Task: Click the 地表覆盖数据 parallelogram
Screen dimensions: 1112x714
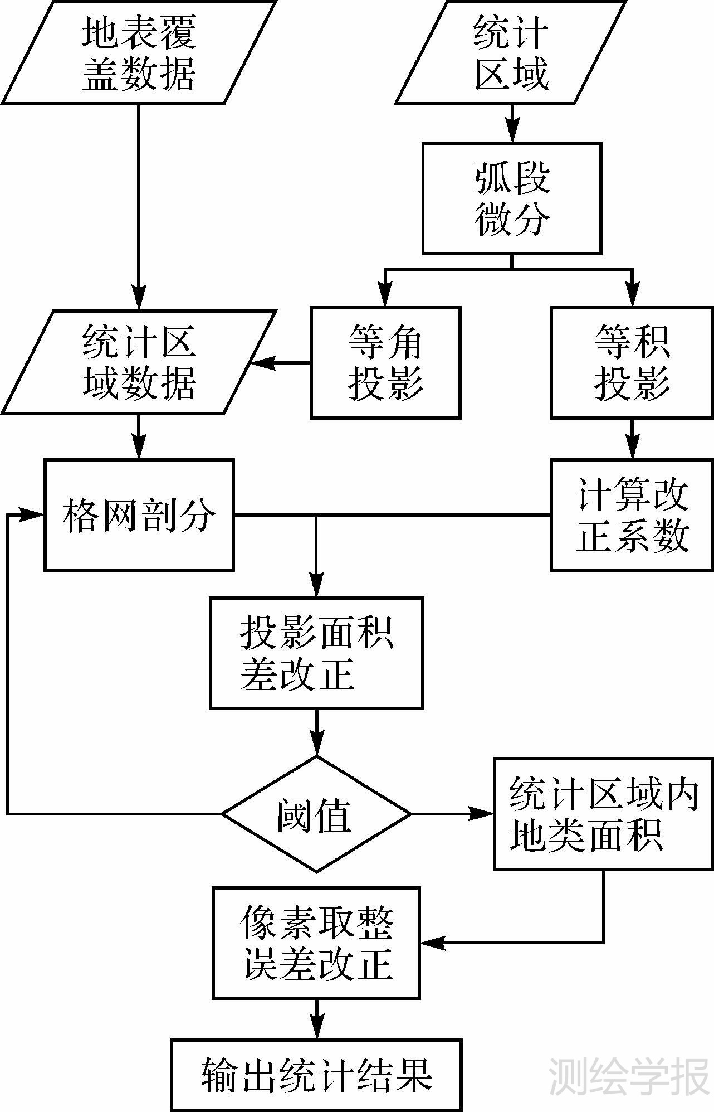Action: [x=139, y=53]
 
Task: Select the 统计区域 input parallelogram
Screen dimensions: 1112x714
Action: [x=511, y=53]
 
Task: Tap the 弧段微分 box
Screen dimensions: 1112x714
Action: [x=511, y=198]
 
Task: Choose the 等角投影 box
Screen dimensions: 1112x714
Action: [x=385, y=363]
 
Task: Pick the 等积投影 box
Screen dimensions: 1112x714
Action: [x=632, y=363]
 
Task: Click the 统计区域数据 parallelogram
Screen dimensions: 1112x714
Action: [x=139, y=363]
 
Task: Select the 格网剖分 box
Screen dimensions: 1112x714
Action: [x=139, y=515]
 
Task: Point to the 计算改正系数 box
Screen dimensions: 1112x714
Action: [x=632, y=515]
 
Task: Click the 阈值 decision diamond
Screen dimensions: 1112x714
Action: [x=316, y=814]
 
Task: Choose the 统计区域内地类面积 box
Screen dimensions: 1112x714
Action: [x=603, y=814]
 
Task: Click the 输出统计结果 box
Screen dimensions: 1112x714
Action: [x=316, y=1075]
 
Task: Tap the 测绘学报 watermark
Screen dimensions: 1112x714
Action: [x=629, y=1076]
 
